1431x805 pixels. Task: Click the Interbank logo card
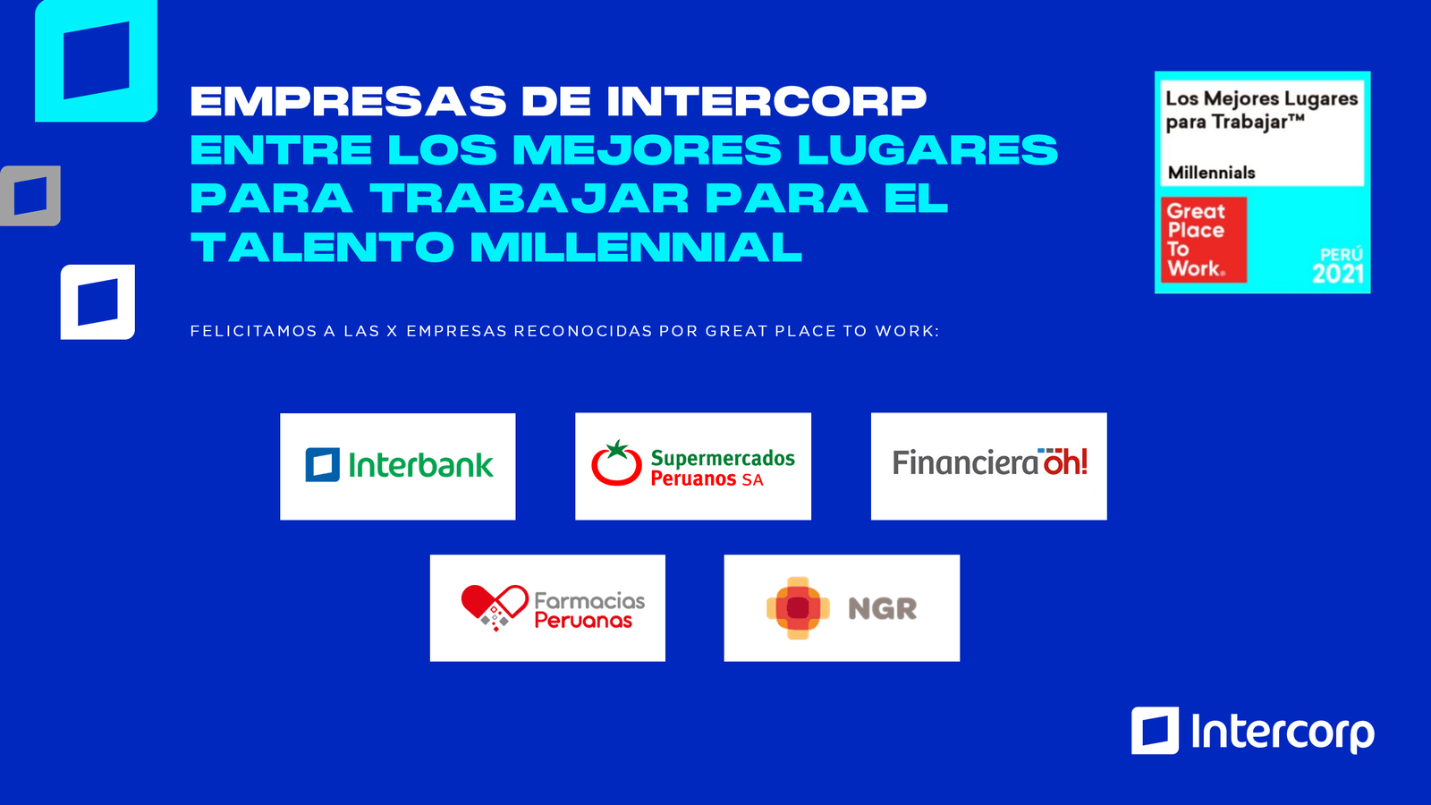pos(398,466)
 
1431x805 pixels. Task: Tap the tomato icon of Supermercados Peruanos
pos(616,463)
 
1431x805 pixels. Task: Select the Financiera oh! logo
pos(989,463)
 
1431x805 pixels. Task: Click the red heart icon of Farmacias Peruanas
pos(494,605)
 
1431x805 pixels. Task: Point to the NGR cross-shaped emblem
pos(798,608)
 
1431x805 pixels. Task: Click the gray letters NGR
pos(882,609)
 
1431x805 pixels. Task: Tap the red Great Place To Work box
pos(1203,240)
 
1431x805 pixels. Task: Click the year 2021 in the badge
pos(1337,274)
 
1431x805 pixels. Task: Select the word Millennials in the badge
pos(1211,173)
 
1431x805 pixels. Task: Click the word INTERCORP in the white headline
pos(766,101)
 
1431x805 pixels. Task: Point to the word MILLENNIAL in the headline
pos(636,248)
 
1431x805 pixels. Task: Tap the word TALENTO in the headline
pos(322,248)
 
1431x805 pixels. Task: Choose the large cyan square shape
pos(96,61)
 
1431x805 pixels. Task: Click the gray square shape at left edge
pos(30,196)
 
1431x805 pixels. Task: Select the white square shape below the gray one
pos(97,302)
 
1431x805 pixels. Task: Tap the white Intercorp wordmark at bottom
pos(1282,733)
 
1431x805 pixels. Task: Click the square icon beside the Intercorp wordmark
pos(1155,731)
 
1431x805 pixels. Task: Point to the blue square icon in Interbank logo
pos(322,465)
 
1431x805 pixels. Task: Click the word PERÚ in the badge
pos(1341,254)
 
